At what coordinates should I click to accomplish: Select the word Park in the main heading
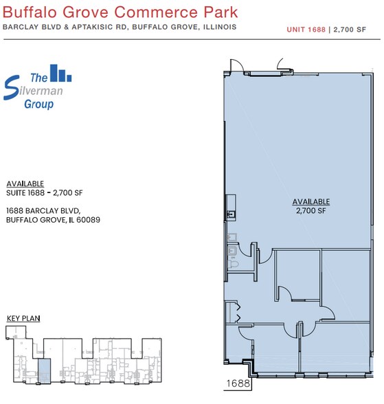pos(221,12)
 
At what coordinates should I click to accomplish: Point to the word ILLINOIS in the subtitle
pos(220,27)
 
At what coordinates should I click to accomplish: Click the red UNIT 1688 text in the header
pos(306,30)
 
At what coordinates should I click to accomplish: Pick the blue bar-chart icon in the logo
pos(60,73)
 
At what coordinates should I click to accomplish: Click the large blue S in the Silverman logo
pos(11,88)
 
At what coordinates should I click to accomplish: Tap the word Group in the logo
pos(39,104)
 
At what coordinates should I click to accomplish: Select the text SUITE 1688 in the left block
pos(25,192)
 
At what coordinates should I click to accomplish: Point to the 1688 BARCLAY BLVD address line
pos(43,211)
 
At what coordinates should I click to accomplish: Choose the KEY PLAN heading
pos(23,319)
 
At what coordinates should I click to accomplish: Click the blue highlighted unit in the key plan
pos(44,370)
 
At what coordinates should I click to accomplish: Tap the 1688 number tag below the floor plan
pos(238,383)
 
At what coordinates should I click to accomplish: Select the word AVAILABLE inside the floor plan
pos(311,202)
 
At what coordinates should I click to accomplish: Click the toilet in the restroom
pos(234,264)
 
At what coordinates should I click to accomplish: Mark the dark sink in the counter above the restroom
pos(231,214)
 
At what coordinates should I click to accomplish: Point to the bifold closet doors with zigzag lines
pos(238,313)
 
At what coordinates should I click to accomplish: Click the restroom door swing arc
pos(244,251)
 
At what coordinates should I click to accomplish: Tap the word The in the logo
pos(39,78)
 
